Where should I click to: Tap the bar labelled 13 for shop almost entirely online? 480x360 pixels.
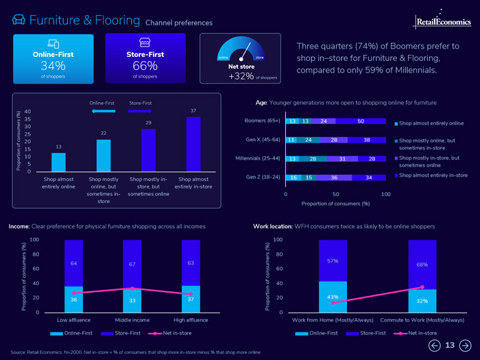[x=59, y=162]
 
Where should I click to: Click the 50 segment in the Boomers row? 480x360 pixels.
[x=361, y=121]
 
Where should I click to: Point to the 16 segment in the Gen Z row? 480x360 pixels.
[x=293, y=178]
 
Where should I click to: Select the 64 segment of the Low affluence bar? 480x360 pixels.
[x=73, y=263]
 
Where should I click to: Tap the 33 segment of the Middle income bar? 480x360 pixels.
[x=132, y=300]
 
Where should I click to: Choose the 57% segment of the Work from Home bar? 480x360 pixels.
[x=333, y=261]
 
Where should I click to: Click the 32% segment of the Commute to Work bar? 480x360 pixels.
[x=422, y=300]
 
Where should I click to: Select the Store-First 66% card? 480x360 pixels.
[x=145, y=60]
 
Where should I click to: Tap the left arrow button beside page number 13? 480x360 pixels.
[x=434, y=346]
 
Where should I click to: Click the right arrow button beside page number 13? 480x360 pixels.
[x=465, y=346]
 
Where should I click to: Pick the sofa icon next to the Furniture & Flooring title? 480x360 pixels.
[x=19, y=21]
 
